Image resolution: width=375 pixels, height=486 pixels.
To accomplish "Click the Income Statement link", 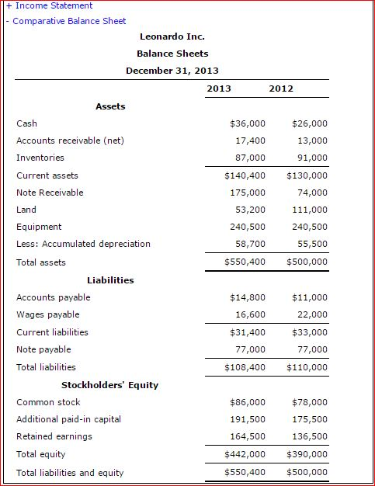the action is click(54, 5).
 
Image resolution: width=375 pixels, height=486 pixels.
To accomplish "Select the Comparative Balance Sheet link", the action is click(69, 21).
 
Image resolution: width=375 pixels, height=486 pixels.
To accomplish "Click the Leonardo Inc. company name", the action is click(172, 36).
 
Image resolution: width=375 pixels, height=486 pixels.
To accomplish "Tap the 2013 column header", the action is click(219, 89).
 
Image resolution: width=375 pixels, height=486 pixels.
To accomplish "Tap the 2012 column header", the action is click(281, 89).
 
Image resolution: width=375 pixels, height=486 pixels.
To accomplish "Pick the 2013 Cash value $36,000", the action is click(248, 123).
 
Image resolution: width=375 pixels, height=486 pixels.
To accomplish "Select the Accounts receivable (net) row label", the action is click(70, 141).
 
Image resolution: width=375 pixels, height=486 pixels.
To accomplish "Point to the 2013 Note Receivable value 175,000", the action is click(250, 193).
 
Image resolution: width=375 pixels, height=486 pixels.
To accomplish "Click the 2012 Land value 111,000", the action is click(311, 210).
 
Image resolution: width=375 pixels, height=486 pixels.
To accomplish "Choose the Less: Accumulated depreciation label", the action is click(83, 244).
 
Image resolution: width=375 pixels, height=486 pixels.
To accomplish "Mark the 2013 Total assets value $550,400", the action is click(245, 262).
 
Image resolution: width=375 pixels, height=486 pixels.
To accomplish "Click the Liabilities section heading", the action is click(110, 280).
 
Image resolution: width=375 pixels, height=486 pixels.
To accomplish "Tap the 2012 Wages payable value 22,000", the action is click(313, 314).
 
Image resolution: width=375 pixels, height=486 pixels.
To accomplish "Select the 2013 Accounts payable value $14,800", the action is click(248, 297).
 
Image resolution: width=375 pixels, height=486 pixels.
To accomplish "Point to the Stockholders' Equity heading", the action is click(109, 385).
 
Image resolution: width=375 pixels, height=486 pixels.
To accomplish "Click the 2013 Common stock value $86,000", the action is click(248, 402).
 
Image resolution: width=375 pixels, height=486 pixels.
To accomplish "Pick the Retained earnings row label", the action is click(54, 436).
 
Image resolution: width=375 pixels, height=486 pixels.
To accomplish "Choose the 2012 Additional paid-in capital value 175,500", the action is click(311, 419).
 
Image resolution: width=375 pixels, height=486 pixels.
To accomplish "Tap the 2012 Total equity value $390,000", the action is click(307, 454).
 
